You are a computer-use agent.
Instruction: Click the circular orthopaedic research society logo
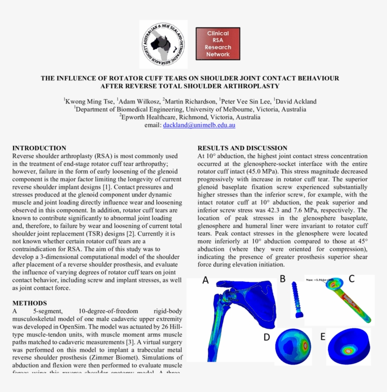[x=163, y=44]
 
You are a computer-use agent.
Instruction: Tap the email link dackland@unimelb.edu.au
[x=199, y=125]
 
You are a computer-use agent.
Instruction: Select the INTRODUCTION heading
[x=39, y=148]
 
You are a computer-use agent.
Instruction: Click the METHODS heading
[x=30, y=303]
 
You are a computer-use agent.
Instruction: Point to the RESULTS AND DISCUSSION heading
[x=242, y=148]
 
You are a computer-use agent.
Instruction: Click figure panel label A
[x=205, y=280]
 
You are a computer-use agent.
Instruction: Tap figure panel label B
[x=282, y=279]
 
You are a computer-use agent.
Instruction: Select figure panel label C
[x=352, y=279]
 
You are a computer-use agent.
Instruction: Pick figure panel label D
[x=267, y=337]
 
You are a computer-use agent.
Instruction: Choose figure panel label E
[x=323, y=337]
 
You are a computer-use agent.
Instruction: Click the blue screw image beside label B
[x=296, y=299]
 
